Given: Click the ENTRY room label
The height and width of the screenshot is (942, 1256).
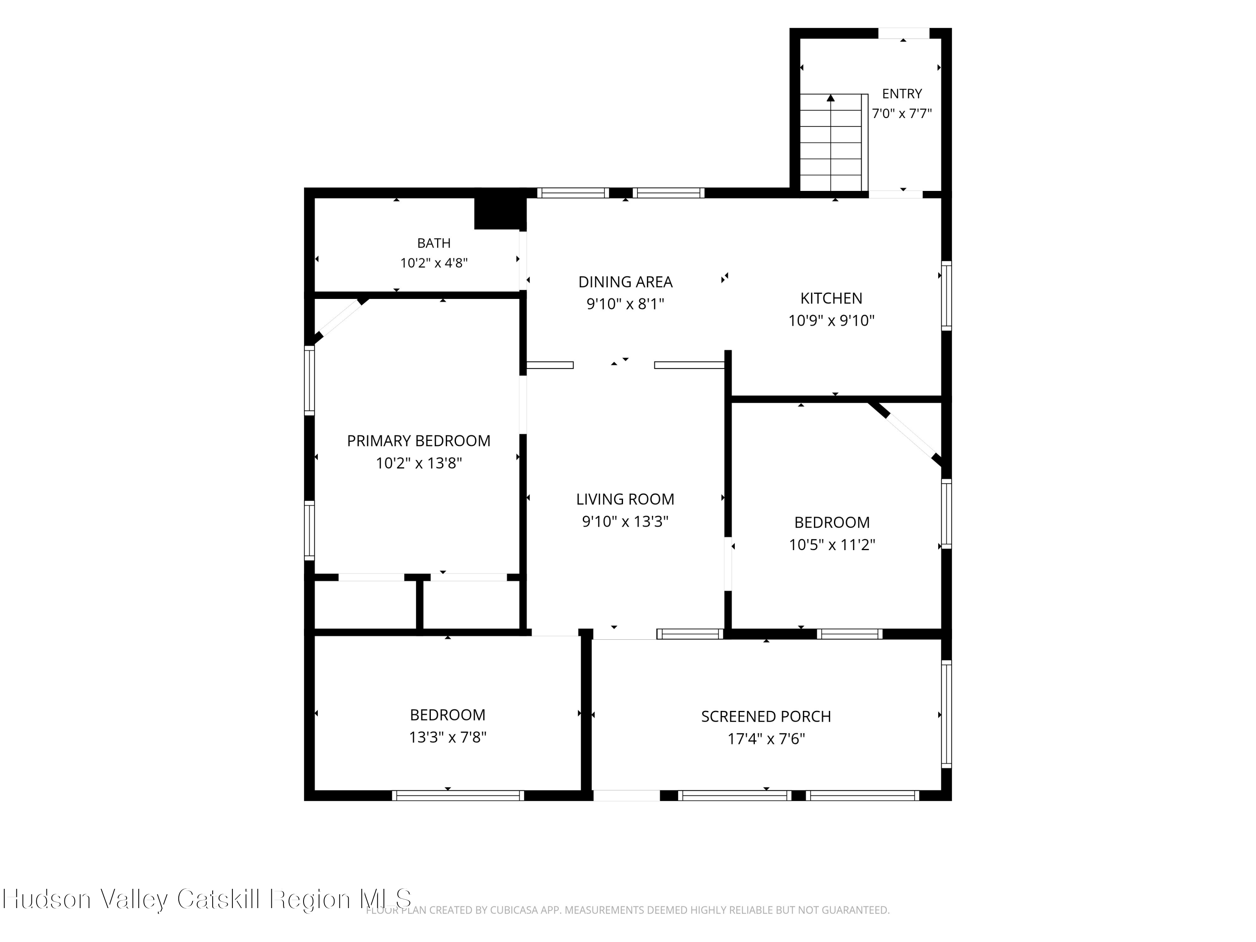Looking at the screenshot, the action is click(902, 94).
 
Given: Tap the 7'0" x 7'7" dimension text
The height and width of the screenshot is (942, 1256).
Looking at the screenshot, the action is click(902, 113).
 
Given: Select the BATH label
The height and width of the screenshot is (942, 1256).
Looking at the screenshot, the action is click(434, 243).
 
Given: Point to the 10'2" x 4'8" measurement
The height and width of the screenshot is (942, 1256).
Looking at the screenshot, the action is click(434, 263).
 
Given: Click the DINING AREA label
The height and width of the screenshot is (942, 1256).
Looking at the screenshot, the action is click(625, 282).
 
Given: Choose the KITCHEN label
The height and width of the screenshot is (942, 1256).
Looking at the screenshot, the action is click(831, 298).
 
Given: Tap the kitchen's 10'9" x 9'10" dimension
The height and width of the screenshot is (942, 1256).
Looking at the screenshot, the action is click(831, 321).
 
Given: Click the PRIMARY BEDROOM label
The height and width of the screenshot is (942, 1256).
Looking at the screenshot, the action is click(419, 440).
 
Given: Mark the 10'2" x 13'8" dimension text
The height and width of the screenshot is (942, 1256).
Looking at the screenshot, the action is click(419, 463).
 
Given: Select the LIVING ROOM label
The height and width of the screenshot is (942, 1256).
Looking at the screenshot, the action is click(625, 499).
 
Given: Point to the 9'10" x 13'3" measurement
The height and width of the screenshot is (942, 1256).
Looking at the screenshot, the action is click(625, 521).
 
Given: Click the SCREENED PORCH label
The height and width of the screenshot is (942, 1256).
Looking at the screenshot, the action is click(766, 717).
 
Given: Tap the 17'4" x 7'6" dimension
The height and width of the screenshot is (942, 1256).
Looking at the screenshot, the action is click(766, 739).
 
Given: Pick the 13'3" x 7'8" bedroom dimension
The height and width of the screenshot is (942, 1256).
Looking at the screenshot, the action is click(448, 737).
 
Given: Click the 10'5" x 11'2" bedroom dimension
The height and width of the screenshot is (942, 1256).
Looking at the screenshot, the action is click(832, 545).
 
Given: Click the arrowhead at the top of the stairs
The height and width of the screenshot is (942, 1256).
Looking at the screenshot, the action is click(831, 98).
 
